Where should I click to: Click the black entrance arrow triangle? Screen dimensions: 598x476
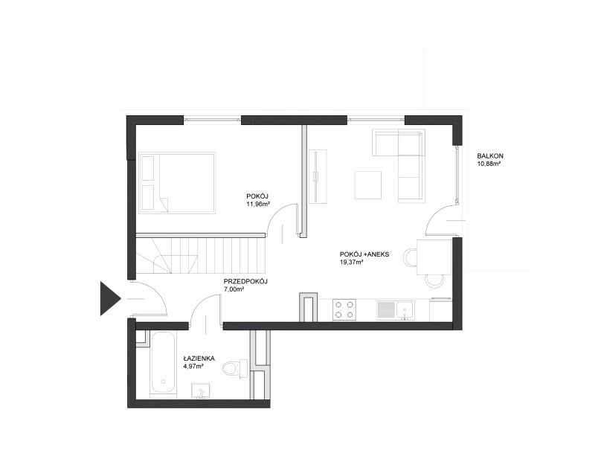click(109, 299)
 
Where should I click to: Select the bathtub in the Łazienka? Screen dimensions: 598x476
click(163, 364)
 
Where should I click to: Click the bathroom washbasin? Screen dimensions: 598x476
click(201, 390)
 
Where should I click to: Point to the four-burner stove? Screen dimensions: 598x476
click(344, 309)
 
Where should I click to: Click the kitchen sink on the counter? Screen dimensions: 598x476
click(396, 309)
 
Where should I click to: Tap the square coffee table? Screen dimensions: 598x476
click(368, 185)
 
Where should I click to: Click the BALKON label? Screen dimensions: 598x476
click(490, 156)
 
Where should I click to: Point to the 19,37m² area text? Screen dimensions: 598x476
click(351, 262)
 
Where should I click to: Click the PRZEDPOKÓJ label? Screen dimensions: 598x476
click(245, 281)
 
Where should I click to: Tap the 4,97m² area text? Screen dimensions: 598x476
click(193, 366)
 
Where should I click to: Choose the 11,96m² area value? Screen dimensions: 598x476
click(258, 204)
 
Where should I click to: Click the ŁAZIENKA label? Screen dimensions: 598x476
click(199, 358)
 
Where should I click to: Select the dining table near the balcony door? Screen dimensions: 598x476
click(434, 257)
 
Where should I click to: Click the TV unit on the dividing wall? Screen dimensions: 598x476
click(318, 176)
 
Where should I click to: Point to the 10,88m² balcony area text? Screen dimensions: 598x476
click(489, 164)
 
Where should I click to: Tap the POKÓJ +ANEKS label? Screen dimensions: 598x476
click(364, 254)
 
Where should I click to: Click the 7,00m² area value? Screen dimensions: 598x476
click(234, 289)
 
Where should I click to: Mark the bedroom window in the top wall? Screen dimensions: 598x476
click(212, 120)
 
